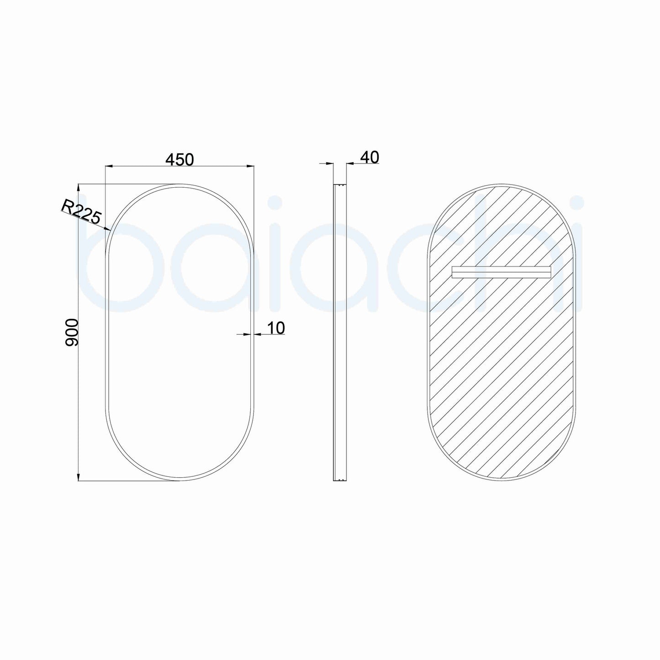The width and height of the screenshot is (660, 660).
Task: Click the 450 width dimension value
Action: click(180, 159)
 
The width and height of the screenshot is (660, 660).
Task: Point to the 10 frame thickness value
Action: click(275, 327)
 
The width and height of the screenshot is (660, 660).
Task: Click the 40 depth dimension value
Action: click(370, 157)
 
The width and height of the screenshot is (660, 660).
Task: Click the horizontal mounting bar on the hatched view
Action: click(501, 272)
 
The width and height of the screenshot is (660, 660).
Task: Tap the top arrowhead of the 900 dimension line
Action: click(79, 187)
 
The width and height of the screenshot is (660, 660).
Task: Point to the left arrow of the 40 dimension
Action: click(330, 163)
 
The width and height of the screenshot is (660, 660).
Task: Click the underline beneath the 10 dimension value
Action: click(269, 335)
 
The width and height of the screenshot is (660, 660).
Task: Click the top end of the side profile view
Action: click(339, 185)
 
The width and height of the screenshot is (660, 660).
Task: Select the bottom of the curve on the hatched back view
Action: click(501, 480)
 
